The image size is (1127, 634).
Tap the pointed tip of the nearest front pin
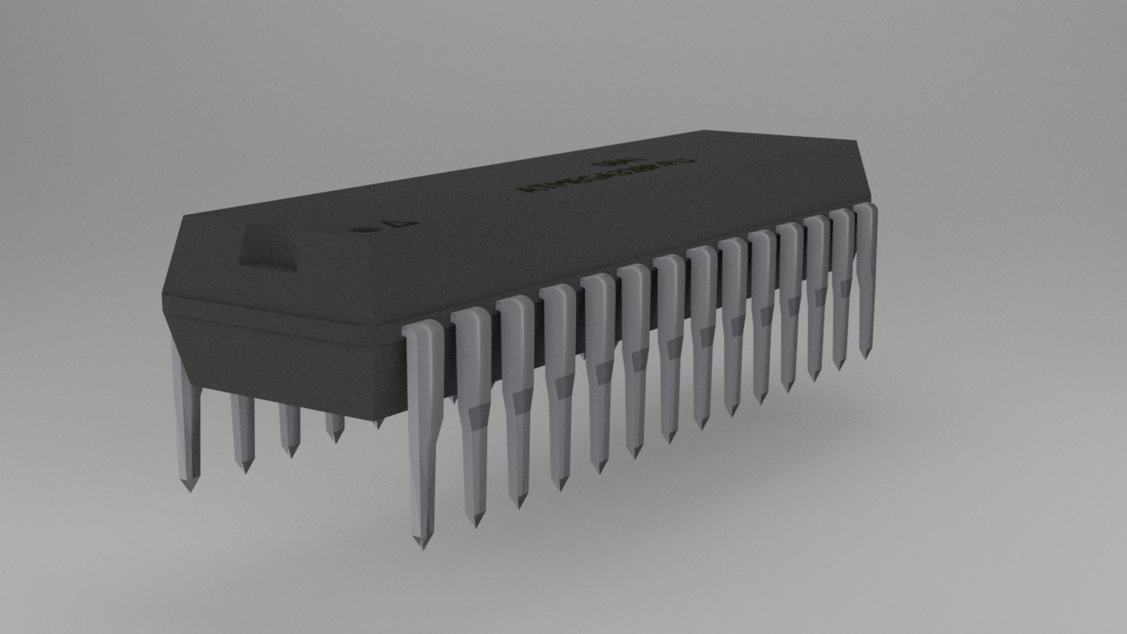coord(421,543)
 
